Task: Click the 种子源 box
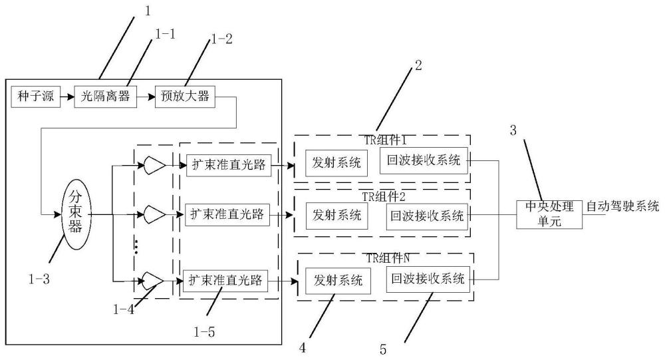tap(32, 97)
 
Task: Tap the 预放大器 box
tap(184, 97)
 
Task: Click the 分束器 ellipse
tap(74, 215)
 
